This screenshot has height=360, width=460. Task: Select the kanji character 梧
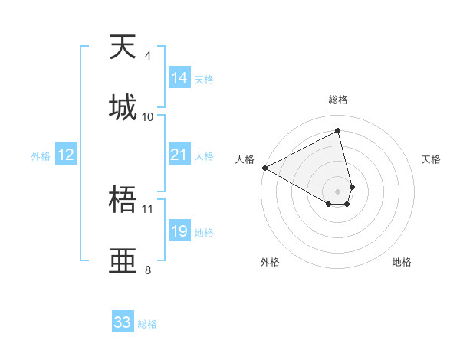click(x=123, y=201)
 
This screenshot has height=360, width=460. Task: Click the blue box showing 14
click(x=179, y=78)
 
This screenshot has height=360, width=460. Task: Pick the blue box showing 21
click(x=179, y=155)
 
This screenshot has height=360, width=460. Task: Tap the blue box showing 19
click(x=179, y=232)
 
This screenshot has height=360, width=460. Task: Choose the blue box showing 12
click(x=66, y=155)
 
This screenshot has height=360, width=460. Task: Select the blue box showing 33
click(x=123, y=322)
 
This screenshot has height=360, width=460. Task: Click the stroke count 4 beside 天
click(x=147, y=56)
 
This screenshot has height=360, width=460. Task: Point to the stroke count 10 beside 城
click(x=148, y=116)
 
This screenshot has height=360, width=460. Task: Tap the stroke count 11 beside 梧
click(x=148, y=208)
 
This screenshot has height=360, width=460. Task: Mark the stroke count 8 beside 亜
click(x=147, y=270)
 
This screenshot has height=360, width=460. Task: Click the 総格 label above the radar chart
click(x=337, y=100)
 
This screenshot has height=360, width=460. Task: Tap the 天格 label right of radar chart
click(x=432, y=159)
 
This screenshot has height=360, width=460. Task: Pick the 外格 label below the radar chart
click(x=270, y=262)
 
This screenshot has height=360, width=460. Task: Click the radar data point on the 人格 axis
click(x=264, y=168)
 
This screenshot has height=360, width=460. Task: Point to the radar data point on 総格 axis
click(x=337, y=131)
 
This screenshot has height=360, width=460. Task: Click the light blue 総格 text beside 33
click(x=147, y=324)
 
